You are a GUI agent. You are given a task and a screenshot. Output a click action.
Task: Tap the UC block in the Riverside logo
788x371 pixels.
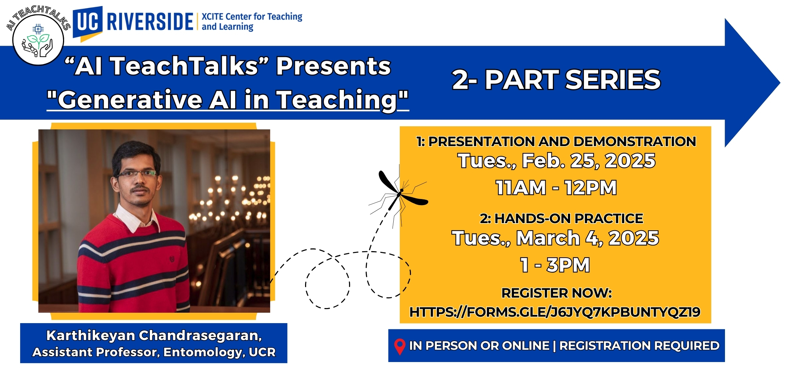click(88, 22)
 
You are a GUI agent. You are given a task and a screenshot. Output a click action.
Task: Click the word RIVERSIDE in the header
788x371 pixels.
click(150, 22)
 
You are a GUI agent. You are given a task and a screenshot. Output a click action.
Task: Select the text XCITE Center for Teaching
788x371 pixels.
click(252, 17)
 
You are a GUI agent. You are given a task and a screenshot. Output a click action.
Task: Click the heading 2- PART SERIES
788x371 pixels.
click(556, 80)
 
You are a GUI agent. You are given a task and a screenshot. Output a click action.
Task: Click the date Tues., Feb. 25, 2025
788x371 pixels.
click(556, 161)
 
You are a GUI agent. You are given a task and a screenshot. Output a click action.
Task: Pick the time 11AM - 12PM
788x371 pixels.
click(556, 187)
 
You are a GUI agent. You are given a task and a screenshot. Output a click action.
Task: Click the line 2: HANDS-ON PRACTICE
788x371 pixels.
click(561, 218)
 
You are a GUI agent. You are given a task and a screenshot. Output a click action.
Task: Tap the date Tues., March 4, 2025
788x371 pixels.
click(555, 238)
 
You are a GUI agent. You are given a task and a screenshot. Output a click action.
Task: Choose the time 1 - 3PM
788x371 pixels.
click(555, 265)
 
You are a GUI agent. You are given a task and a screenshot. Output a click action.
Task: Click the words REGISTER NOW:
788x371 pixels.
click(556, 293)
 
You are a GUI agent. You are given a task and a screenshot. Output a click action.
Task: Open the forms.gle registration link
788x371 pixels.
click(555, 312)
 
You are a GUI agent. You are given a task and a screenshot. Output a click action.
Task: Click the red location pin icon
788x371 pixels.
click(400, 347)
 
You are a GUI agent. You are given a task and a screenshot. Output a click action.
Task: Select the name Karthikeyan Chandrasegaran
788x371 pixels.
click(154, 335)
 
